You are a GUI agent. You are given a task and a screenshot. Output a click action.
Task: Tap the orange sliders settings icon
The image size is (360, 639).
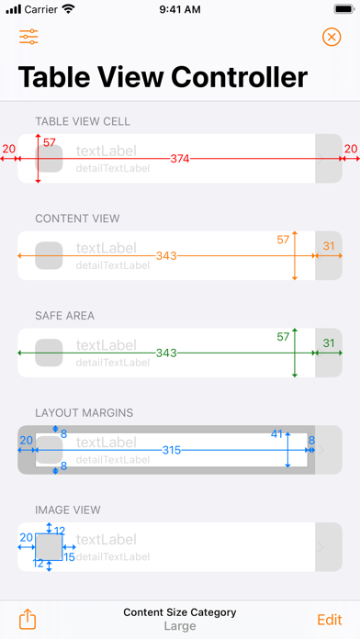click(x=28, y=37)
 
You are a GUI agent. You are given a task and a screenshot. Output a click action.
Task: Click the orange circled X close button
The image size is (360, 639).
click(x=332, y=37)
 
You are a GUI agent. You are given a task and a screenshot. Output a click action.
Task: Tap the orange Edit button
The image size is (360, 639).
click(x=330, y=620)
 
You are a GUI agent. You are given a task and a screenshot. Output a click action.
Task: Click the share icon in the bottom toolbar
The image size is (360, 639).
click(x=28, y=619)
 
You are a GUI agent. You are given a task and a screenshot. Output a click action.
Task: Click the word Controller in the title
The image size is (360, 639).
click(x=239, y=77)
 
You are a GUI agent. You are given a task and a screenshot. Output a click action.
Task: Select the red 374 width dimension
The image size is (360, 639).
click(x=180, y=159)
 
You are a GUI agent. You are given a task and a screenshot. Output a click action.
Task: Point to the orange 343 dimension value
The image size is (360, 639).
click(x=166, y=256)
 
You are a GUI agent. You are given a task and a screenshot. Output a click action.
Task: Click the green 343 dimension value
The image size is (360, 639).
click(x=166, y=353)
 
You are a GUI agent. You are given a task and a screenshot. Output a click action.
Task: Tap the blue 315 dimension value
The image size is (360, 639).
click(x=171, y=450)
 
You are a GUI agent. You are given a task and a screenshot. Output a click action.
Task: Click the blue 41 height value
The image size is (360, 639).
click(x=276, y=434)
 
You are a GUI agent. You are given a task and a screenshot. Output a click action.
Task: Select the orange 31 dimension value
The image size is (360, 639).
click(x=329, y=246)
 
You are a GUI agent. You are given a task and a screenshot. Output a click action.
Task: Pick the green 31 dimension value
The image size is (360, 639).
click(x=329, y=343)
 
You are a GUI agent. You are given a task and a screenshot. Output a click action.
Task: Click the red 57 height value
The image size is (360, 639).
click(x=50, y=142)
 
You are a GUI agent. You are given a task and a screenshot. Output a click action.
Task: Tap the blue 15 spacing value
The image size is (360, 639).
click(x=69, y=556)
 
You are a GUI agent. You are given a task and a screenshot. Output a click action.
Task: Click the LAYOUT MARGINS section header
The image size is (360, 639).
click(x=84, y=413)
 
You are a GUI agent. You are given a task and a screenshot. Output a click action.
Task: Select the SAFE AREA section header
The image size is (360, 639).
click(x=65, y=316)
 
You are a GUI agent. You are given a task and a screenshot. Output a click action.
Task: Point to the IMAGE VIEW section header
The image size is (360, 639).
click(x=68, y=510)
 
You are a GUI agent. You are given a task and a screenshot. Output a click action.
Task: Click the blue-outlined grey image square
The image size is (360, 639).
click(x=49, y=547)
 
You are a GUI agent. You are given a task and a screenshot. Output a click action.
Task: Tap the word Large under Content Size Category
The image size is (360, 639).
click(x=180, y=626)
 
